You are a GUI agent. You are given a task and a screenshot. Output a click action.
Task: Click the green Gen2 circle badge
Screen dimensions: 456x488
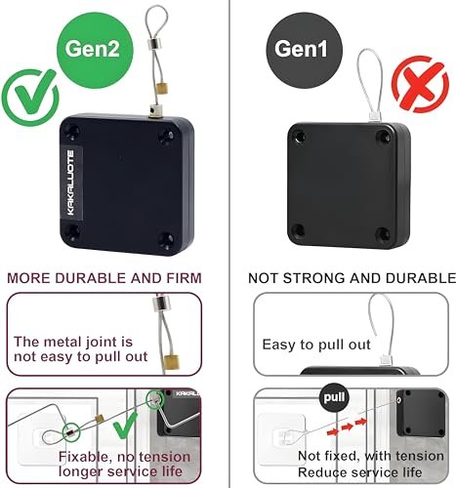(x=95, y=51)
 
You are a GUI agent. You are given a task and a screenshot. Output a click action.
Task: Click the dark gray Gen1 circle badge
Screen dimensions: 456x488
(x=305, y=51)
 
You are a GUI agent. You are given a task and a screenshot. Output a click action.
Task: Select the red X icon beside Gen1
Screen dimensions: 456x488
(x=420, y=84)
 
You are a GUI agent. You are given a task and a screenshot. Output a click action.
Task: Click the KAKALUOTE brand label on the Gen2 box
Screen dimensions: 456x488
(x=71, y=183)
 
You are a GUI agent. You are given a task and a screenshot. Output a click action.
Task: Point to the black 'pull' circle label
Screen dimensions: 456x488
(x=334, y=397)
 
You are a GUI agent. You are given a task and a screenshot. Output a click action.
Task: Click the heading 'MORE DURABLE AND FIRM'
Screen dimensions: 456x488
(x=104, y=278)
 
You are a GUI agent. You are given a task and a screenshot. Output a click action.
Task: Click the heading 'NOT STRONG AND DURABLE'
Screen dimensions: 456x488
(x=352, y=278)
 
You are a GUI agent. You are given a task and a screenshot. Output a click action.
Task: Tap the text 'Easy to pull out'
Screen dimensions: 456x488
(x=316, y=345)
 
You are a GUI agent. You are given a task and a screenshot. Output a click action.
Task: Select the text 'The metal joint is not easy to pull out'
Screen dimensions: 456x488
(x=81, y=349)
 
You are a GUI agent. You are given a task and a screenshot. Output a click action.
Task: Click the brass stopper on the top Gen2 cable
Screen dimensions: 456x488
(x=162, y=88)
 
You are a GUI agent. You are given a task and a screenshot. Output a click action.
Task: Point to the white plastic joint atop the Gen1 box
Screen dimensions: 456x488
(x=373, y=116)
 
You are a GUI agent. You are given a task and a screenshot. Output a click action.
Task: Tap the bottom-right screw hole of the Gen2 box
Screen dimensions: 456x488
(x=167, y=240)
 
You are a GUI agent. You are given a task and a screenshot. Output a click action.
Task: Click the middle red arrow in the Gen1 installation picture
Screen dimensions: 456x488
(x=347, y=427)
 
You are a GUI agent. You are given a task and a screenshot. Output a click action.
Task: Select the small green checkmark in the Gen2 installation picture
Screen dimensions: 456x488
(x=127, y=426)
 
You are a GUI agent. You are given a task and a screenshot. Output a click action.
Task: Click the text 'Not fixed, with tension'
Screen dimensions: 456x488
(x=371, y=456)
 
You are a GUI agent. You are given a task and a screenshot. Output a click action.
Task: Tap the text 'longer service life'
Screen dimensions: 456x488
(x=120, y=471)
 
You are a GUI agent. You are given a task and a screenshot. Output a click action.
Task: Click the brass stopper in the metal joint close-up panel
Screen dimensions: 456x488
(x=172, y=362)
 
